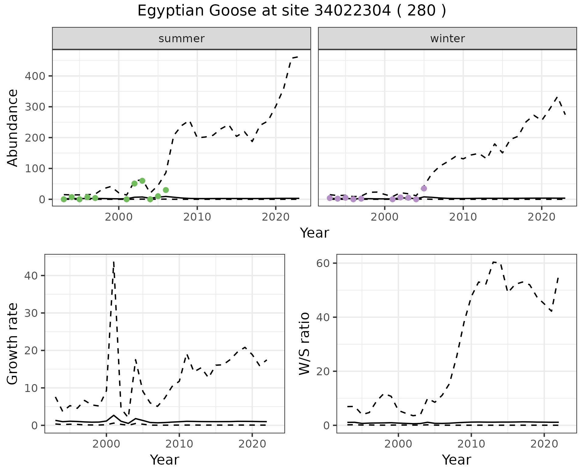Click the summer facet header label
[x=182, y=39]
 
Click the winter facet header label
[x=447, y=39]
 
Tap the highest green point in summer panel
[x=142, y=181]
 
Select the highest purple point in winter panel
[x=424, y=188]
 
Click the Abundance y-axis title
[x=13, y=128]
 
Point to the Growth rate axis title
[x=13, y=344]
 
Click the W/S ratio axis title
[x=304, y=344]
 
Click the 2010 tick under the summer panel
[x=197, y=217]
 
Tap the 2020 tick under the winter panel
[x=541, y=217]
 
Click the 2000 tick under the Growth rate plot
[x=106, y=444]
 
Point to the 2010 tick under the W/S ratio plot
[x=471, y=444]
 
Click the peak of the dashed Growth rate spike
[x=113, y=262]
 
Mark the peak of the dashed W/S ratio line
[x=494, y=262]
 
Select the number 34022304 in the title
[x=352, y=11]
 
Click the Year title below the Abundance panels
[x=315, y=233]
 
